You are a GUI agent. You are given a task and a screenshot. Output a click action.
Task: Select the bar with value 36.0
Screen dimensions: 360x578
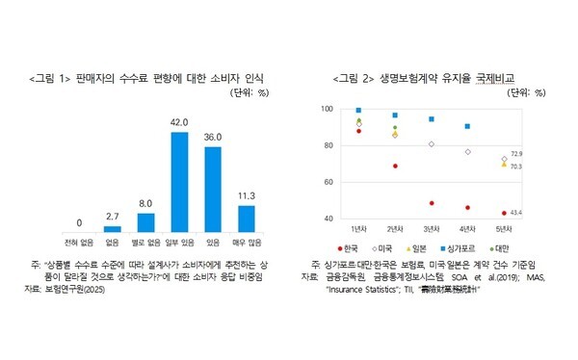pyautogui.click(x=213, y=189)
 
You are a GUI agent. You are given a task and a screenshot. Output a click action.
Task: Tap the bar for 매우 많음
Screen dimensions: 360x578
pyautogui.click(x=247, y=219)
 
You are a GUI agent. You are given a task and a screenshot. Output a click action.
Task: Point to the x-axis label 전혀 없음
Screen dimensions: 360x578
pyautogui.click(x=78, y=244)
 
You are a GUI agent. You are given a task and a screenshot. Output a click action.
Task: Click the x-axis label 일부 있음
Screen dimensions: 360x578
pyautogui.click(x=179, y=244)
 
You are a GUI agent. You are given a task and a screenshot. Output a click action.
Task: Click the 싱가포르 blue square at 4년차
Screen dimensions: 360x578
pyautogui.click(x=467, y=126)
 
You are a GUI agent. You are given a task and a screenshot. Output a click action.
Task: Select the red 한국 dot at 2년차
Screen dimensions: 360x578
pyautogui.click(x=394, y=166)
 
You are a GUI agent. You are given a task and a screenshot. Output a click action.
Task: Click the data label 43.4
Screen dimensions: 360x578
pyautogui.click(x=516, y=213)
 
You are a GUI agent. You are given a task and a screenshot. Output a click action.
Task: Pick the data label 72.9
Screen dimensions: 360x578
pyautogui.click(x=516, y=153)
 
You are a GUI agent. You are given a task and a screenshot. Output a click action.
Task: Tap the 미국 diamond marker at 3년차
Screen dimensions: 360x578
pyautogui.click(x=431, y=144)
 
